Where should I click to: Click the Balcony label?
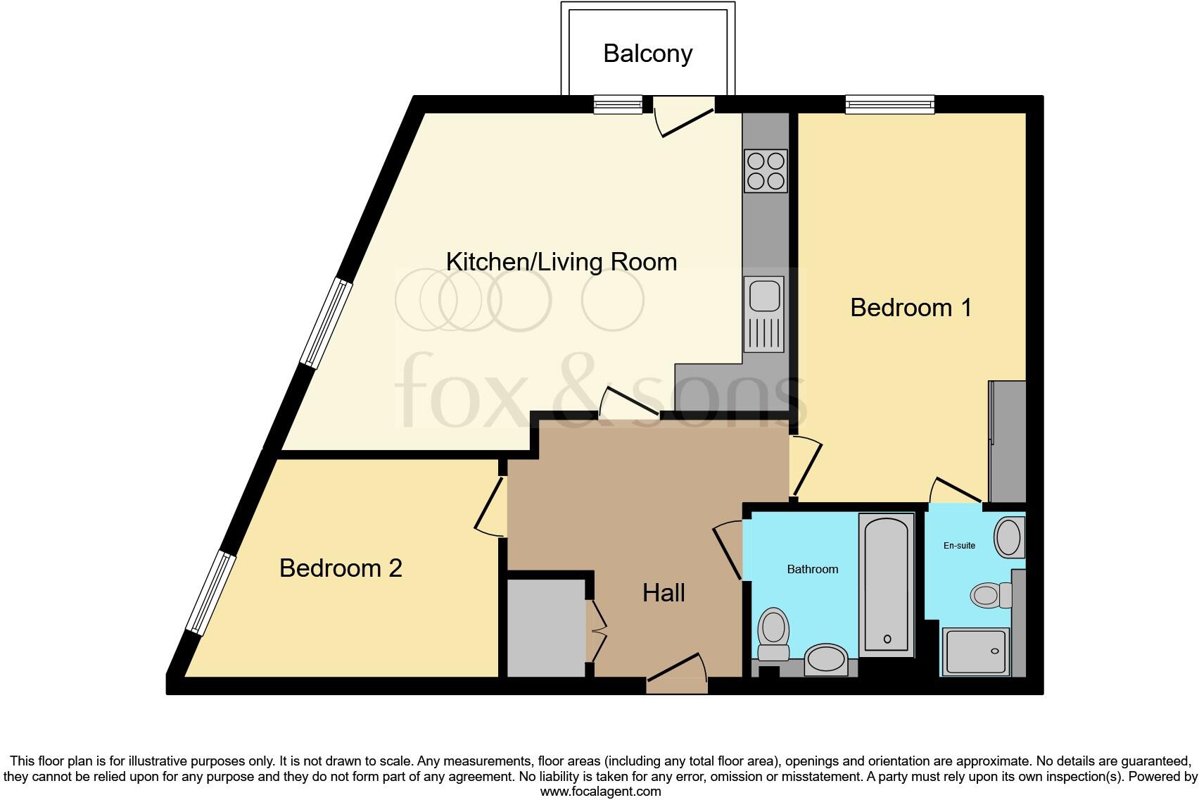[x=647, y=54]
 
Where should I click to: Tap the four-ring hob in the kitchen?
[x=766, y=170]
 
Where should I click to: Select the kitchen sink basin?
[x=764, y=295]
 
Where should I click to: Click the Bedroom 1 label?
[x=911, y=308]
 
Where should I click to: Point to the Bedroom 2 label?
[x=341, y=568]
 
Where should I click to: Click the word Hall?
[x=664, y=593]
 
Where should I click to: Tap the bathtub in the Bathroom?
[x=886, y=585]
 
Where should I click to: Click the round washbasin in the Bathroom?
[x=827, y=659]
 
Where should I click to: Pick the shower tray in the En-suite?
[x=975, y=651]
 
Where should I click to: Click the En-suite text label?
[x=959, y=546]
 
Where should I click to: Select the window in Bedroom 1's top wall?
[x=889, y=105]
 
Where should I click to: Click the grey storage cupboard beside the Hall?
[x=546, y=627]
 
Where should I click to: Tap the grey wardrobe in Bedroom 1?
[x=1008, y=441]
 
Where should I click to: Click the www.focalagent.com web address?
[x=600, y=791]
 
